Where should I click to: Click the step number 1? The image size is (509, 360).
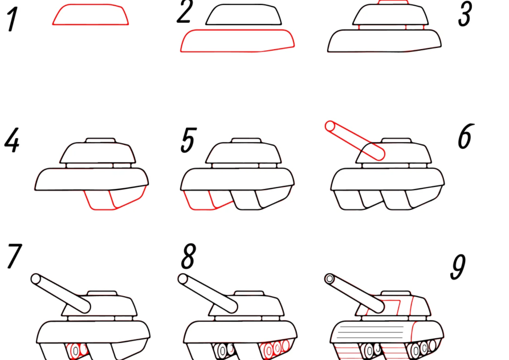12,20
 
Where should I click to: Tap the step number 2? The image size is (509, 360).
185,12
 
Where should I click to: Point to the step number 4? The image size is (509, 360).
12,140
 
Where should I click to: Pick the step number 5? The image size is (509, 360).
189,140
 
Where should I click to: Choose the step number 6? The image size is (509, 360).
466,136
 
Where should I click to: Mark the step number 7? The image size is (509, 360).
14,256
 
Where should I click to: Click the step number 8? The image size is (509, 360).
189,256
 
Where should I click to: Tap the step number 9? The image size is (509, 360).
458,267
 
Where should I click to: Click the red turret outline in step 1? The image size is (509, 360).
91,15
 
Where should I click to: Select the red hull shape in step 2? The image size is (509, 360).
237,41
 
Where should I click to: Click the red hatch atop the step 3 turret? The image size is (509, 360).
393,2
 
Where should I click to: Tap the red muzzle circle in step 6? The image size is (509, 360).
330,127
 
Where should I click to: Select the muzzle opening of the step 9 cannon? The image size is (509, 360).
329,279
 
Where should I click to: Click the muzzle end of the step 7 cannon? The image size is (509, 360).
36,279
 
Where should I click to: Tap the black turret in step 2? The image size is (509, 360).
243,15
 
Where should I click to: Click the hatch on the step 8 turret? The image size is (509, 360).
249,293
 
